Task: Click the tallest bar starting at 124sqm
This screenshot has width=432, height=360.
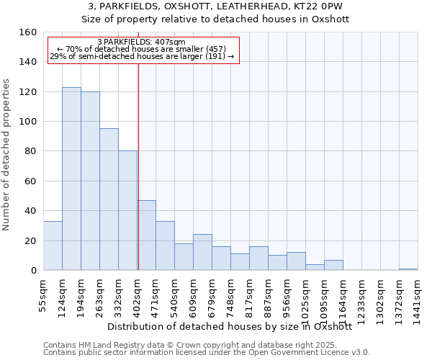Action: (71, 179)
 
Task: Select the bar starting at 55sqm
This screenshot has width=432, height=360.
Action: (53, 246)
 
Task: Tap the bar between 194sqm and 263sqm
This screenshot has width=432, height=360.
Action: (90, 181)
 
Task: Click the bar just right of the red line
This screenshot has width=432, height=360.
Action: (147, 235)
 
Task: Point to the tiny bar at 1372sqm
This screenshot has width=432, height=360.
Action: (408, 269)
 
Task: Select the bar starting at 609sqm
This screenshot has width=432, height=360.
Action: (202, 252)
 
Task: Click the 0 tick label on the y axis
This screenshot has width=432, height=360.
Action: (33, 271)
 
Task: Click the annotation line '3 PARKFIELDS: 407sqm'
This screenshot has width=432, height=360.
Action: (141, 42)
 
